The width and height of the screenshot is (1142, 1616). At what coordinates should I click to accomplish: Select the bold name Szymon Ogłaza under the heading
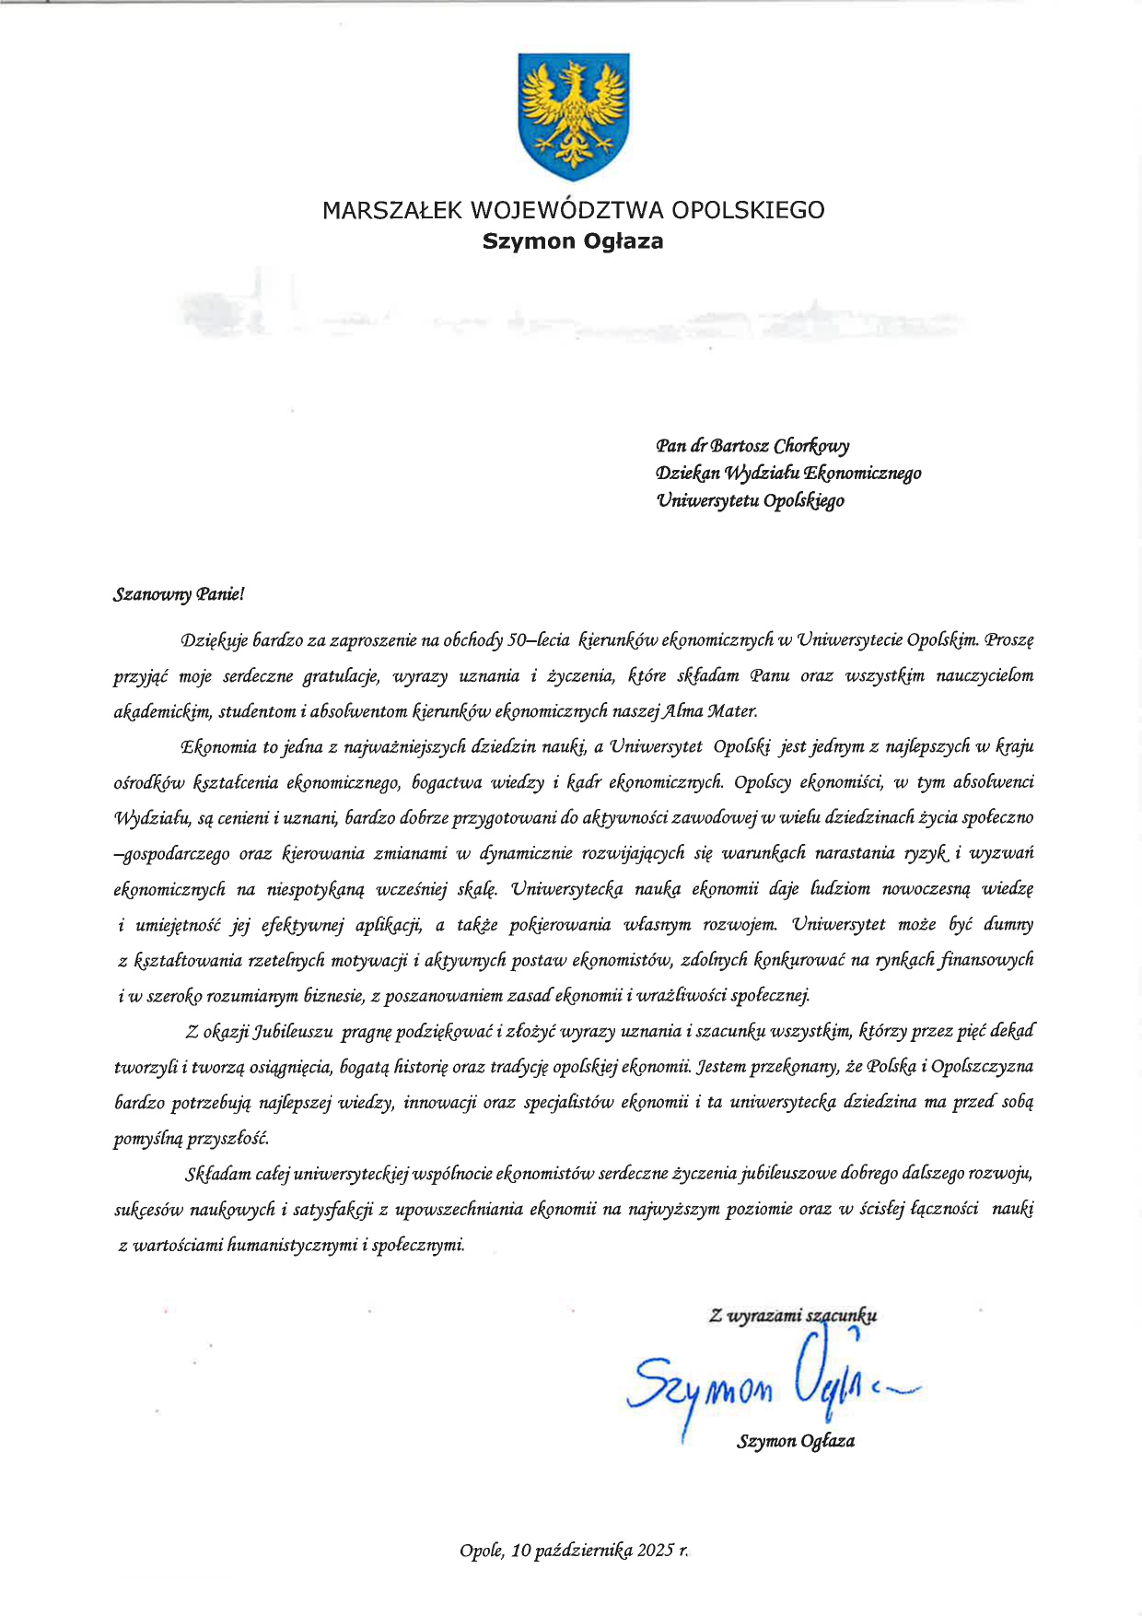573,241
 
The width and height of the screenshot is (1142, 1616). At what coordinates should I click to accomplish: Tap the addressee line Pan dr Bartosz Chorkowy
752,447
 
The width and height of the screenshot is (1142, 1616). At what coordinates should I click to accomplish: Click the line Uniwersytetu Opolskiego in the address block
750,501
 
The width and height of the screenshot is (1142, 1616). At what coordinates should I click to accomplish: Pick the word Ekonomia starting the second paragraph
219,746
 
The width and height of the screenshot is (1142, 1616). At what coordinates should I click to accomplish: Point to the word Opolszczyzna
982,1067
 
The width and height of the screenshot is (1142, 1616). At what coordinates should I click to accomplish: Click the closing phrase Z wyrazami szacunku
792,1316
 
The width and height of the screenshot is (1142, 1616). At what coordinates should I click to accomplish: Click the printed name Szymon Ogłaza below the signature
795,1441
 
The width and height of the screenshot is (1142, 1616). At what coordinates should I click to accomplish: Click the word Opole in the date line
481,1551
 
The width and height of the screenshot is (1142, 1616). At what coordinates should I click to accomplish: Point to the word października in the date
580,1551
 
